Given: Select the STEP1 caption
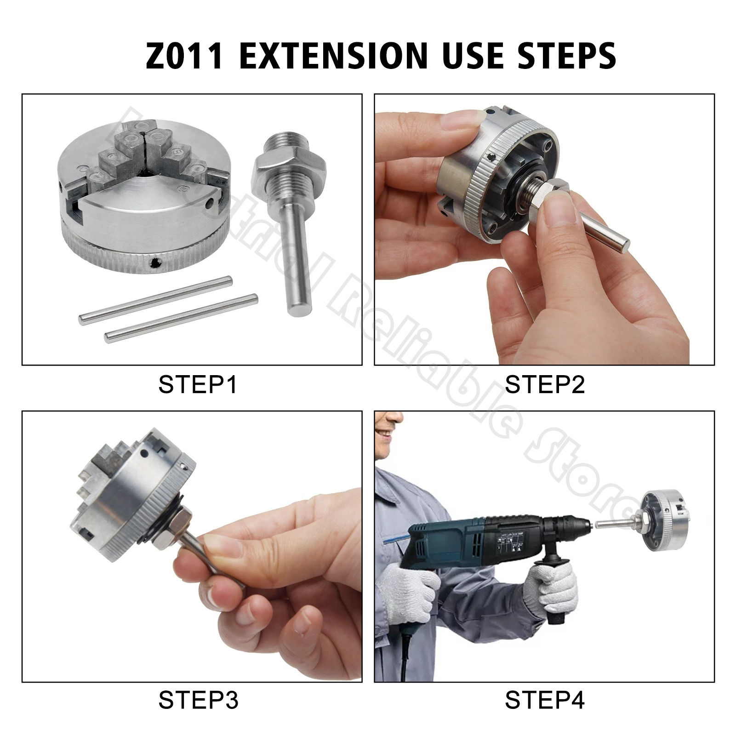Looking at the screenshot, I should click(x=198, y=384).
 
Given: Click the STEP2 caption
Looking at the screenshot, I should click(x=544, y=384).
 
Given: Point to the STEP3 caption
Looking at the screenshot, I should click(x=198, y=701).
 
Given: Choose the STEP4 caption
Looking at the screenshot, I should click(x=544, y=701).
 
